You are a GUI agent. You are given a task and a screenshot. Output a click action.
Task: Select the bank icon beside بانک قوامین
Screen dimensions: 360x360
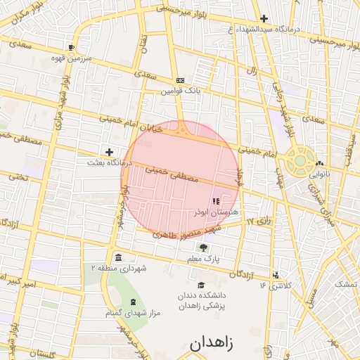pos(180,80)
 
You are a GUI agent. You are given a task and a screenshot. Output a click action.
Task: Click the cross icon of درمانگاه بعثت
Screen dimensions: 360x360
pos(109,151)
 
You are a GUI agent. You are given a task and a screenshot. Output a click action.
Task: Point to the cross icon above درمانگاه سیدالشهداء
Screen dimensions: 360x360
pos(264,18)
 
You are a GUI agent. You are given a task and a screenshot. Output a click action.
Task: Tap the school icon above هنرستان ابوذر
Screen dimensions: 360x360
pos(214,202)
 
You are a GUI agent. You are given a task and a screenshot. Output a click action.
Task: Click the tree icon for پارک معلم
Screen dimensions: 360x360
pos(204,248)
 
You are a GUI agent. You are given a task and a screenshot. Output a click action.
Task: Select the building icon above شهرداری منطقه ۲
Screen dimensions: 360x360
pos(117,257)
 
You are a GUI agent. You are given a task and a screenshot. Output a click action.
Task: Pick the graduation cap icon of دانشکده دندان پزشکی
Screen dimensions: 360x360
pos(202,285)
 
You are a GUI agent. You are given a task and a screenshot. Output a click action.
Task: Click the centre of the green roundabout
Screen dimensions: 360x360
pos(300,160)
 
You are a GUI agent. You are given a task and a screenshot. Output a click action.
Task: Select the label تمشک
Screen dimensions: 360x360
pos(345,284)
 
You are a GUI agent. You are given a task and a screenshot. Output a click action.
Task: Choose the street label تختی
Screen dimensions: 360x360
pos(18,177)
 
